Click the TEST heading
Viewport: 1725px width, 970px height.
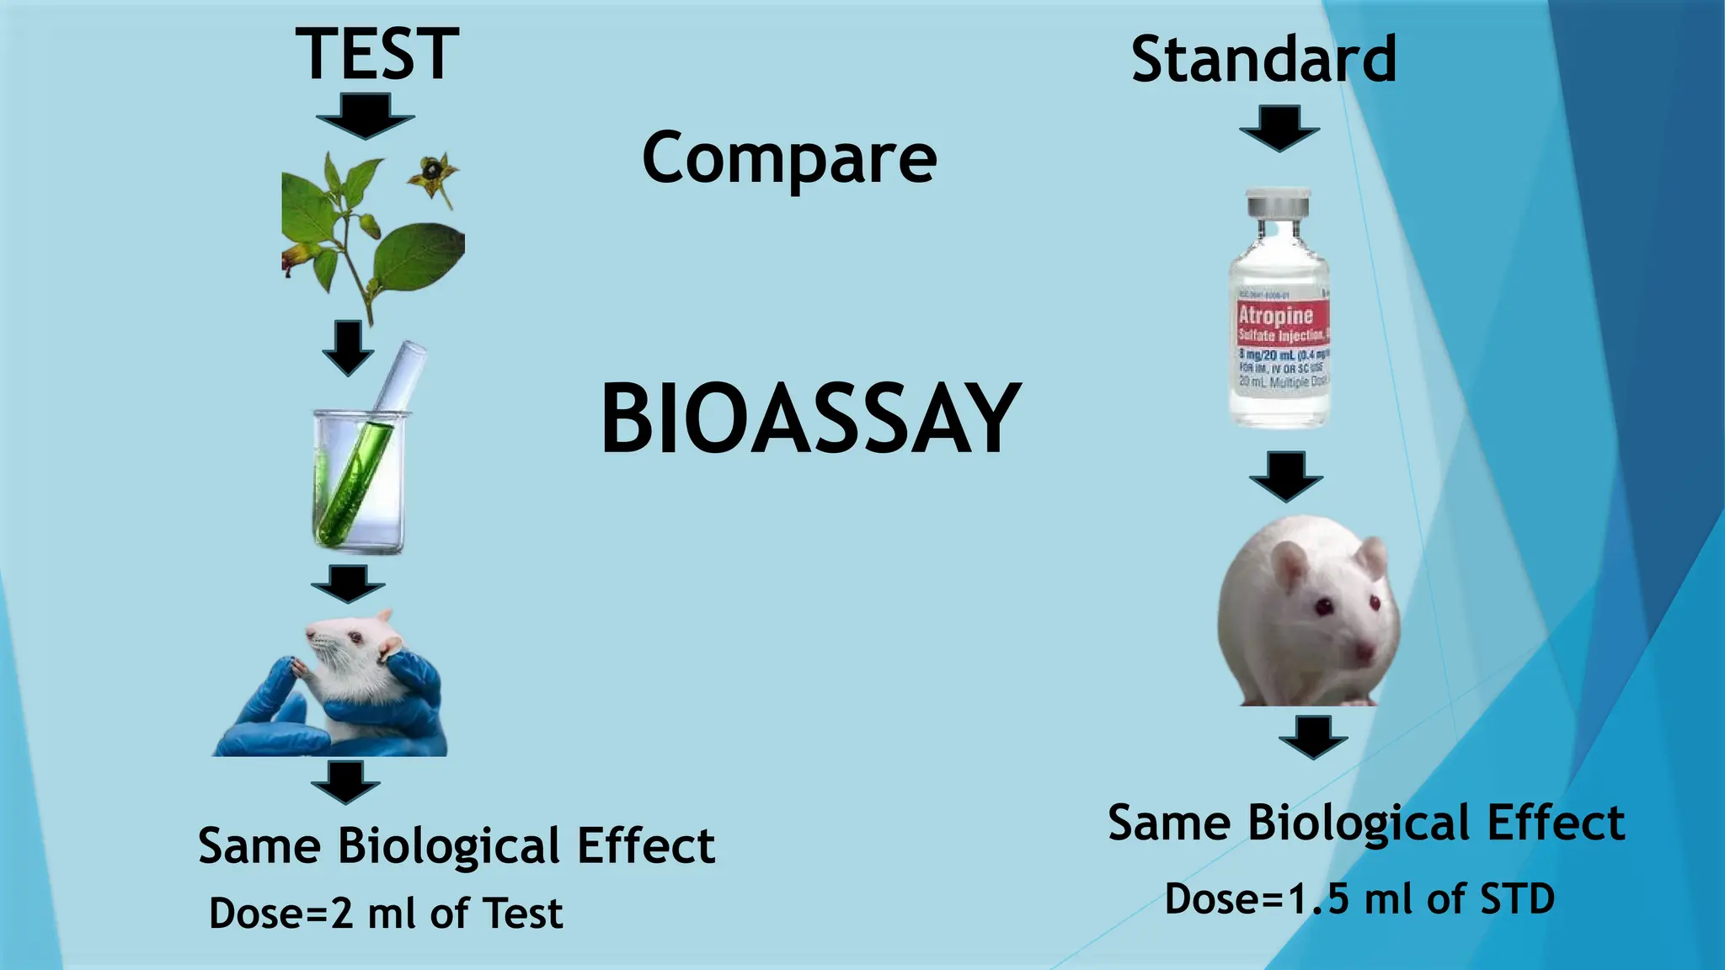click(x=377, y=55)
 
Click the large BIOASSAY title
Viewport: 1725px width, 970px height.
click(x=810, y=418)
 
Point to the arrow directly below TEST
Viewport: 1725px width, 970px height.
click(x=366, y=116)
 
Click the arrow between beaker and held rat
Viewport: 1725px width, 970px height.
click(x=348, y=584)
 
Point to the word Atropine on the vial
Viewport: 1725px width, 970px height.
click(x=1275, y=316)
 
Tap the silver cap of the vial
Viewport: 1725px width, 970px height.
click(x=1278, y=204)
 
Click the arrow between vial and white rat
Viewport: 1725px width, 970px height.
click(x=1285, y=477)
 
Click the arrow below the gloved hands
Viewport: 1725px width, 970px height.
click(x=345, y=782)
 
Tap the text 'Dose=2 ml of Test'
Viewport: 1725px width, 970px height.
click(x=386, y=914)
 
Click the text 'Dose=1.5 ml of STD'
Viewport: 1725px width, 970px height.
click(x=1359, y=899)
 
